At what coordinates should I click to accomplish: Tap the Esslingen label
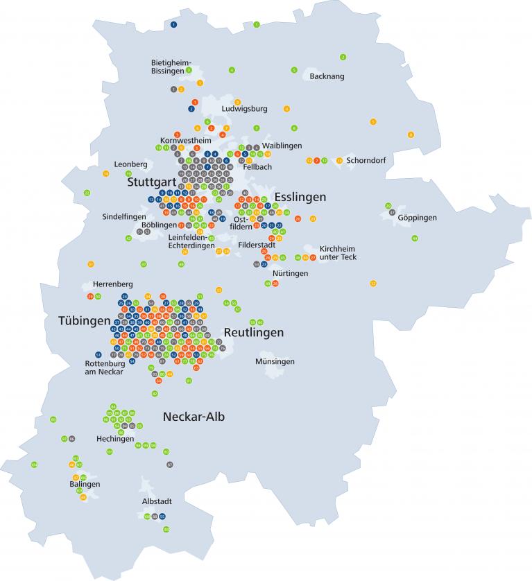300,197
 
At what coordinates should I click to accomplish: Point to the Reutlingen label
253,333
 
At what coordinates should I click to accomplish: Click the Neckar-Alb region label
194,417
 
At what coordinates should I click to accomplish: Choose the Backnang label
327,76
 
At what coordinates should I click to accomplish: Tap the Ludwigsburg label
244,109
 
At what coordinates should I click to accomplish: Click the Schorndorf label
366,160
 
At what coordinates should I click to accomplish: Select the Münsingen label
275,362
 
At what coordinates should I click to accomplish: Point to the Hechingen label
115,439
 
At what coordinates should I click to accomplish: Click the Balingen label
85,484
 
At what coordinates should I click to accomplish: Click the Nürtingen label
290,273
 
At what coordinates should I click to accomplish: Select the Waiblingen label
282,145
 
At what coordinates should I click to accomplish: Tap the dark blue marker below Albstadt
162,517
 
